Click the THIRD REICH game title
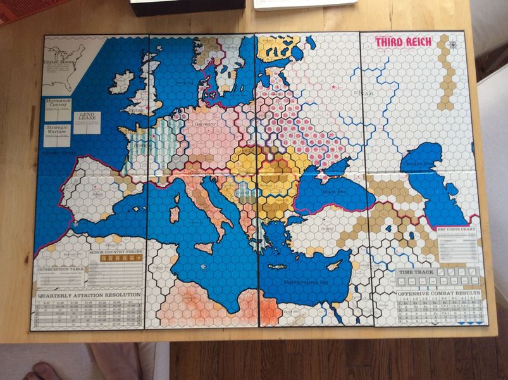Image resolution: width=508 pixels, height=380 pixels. (x=404, y=42)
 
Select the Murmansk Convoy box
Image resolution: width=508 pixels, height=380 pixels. (x=57, y=108)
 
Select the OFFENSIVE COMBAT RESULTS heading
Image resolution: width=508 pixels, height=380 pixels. (x=438, y=294)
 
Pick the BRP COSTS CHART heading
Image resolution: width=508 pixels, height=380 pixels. (x=456, y=229)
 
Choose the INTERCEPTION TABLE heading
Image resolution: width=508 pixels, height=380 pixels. (x=61, y=269)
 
